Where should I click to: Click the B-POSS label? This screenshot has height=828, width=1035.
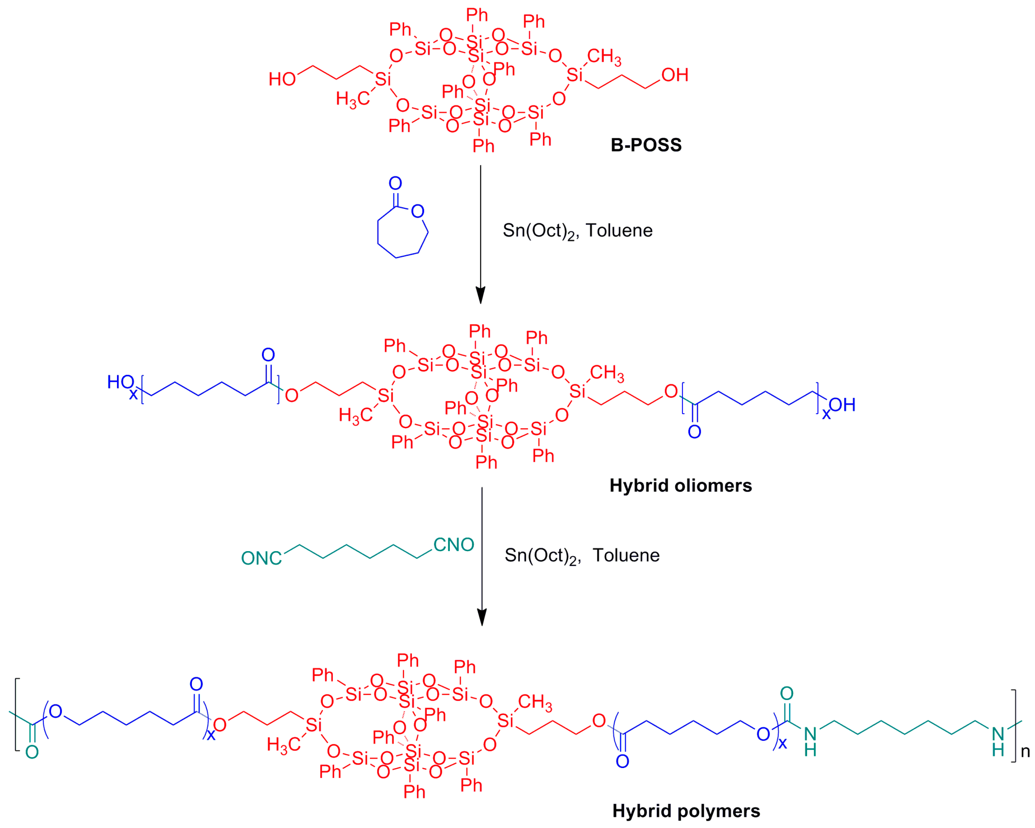[x=646, y=145]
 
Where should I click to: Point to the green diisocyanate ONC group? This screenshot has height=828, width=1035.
[x=261, y=558]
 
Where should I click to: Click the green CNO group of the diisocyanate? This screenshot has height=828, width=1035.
[x=453, y=544]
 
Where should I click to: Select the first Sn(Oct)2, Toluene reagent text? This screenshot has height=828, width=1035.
[x=577, y=231]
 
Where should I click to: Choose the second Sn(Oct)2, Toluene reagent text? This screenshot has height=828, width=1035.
[x=582, y=555]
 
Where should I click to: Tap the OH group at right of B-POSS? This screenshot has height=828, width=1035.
[x=674, y=75]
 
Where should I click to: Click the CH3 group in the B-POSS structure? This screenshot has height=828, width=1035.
[x=604, y=57]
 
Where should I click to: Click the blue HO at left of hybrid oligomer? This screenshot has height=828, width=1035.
[x=120, y=382]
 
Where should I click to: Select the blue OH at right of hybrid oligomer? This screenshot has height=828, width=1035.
[x=842, y=405]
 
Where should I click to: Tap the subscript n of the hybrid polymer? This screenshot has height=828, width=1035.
[x=1025, y=751]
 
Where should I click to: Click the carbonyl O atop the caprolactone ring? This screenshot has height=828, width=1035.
[x=395, y=183]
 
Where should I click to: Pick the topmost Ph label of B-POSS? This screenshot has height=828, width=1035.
[x=477, y=15]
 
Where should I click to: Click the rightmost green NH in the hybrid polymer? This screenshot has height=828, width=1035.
[x=998, y=742]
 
